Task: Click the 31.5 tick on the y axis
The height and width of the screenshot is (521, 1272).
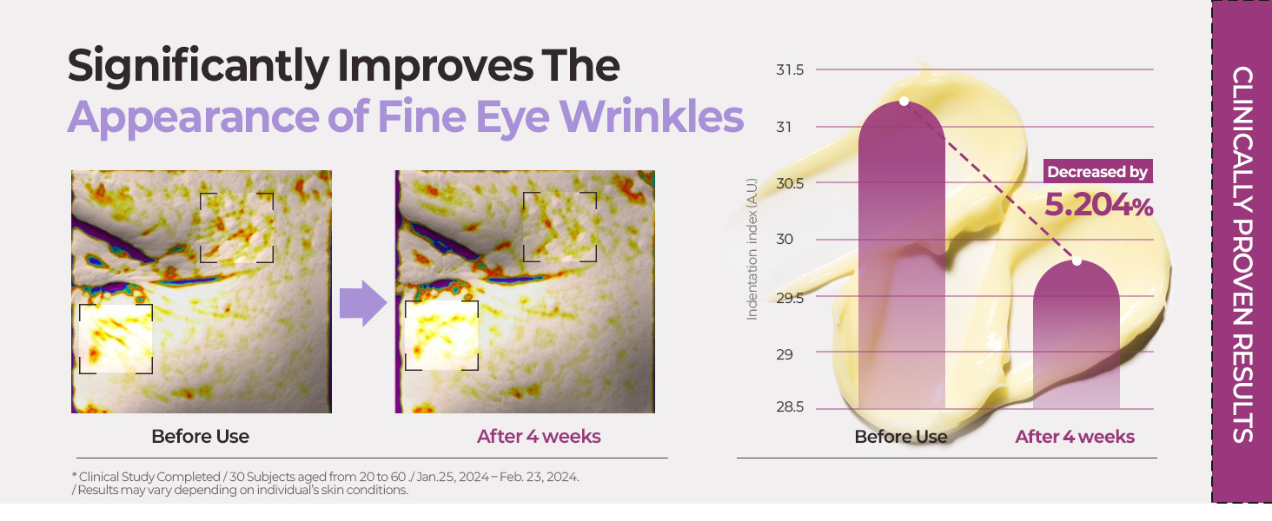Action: click(x=790, y=69)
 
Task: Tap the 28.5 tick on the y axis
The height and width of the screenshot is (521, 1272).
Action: click(x=790, y=408)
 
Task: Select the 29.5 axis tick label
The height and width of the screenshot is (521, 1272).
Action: click(x=790, y=297)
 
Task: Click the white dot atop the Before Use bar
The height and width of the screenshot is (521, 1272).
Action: click(x=904, y=102)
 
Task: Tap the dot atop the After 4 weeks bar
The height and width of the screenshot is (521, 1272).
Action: click(x=1077, y=260)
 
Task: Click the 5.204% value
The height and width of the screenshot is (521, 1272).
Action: click(x=1098, y=206)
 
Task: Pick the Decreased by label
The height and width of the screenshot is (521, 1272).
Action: click(x=1098, y=172)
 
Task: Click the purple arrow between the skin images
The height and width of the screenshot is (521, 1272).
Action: click(x=362, y=304)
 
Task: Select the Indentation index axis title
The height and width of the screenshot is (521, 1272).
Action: click(x=753, y=249)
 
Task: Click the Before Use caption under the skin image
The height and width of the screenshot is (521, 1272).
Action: click(x=200, y=436)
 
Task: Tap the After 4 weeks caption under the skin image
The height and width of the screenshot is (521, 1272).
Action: click(x=539, y=436)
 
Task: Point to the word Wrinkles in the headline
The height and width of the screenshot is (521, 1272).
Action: click(x=659, y=117)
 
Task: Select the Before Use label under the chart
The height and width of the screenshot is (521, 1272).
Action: click(x=901, y=436)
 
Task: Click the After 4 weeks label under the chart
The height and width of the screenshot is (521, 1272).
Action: click(x=1075, y=436)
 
